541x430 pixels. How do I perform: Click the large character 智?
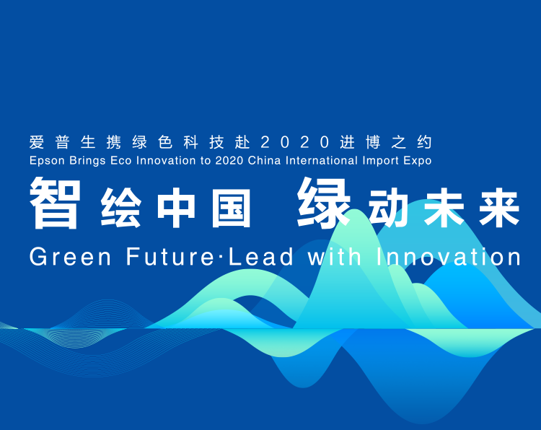tap(56, 203)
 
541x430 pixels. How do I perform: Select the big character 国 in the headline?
tap(231, 208)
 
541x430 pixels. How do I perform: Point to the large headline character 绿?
tap(324, 203)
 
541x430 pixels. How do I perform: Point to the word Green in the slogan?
tap(71, 256)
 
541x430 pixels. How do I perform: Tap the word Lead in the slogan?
tap(261, 256)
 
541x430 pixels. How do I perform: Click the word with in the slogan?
tap(334, 256)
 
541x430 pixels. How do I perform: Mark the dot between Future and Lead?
tap(221, 257)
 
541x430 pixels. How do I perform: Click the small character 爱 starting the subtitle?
tap(37, 142)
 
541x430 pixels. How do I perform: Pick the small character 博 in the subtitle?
tap(373, 142)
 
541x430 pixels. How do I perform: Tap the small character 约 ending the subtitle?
tap(424, 142)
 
